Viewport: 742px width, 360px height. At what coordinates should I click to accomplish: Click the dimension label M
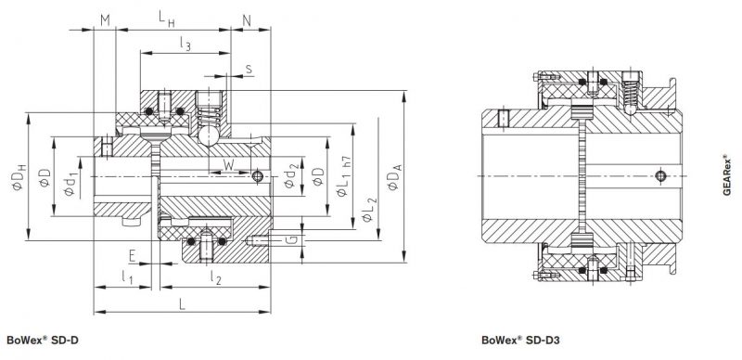105,19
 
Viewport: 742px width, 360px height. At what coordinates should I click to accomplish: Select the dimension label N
247,20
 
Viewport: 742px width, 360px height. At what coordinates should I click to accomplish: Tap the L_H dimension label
167,19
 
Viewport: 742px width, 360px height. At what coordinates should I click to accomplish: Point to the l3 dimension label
185,44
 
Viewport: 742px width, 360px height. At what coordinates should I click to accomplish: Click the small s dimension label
249,70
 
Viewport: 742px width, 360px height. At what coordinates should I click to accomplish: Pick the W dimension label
228,165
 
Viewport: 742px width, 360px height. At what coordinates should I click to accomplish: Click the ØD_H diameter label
19,177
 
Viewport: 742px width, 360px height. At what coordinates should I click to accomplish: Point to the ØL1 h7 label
342,175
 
